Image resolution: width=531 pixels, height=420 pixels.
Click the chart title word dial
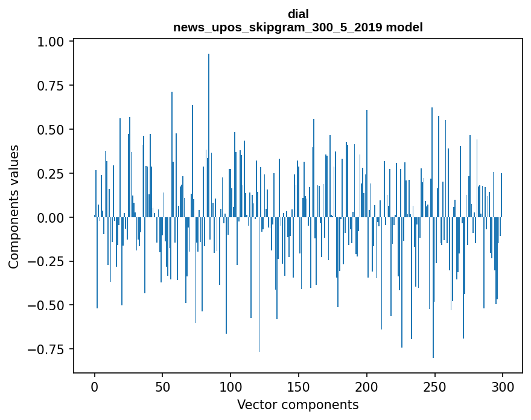click(x=298, y=14)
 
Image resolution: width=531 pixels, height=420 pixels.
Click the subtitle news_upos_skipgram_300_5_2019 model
click(x=298, y=27)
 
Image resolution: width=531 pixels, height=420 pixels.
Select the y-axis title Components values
click(x=14, y=206)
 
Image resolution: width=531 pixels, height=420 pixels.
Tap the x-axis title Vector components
click(x=298, y=405)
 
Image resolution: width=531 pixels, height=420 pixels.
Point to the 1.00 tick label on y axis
click(x=50, y=42)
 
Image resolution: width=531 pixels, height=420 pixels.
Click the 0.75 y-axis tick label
click(x=50, y=86)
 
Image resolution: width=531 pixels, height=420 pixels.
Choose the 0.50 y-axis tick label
click(x=50, y=130)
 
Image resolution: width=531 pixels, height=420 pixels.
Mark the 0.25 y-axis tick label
click(x=50, y=174)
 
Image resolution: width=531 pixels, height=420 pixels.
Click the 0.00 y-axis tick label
click(x=50, y=217)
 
